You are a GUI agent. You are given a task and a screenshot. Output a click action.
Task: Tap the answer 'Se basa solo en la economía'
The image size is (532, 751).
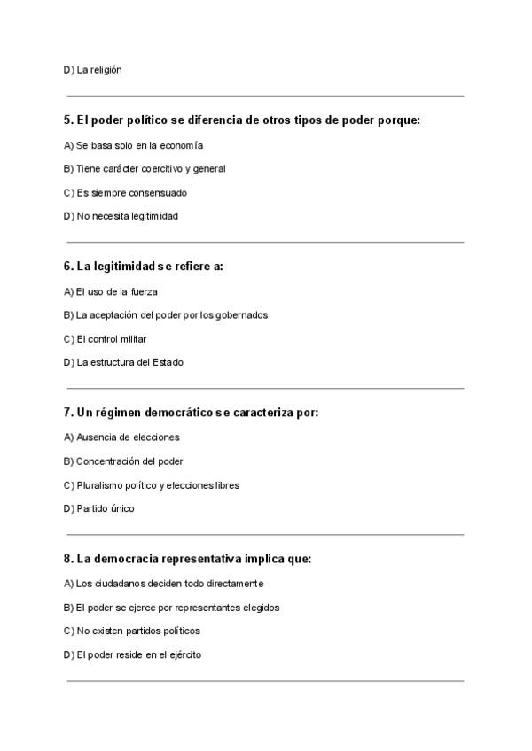(133, 145)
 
